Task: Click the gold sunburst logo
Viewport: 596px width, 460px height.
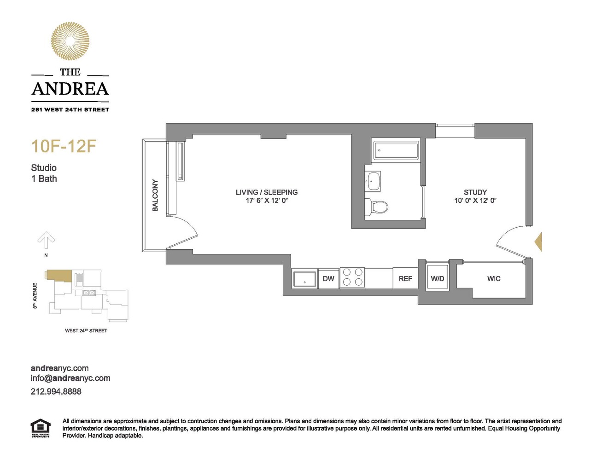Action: click(70, 41)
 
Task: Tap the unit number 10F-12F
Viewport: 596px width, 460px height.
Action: click(64, 146)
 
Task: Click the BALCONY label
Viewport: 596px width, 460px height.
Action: click(155, 195)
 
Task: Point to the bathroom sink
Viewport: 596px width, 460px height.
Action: click(373, 181)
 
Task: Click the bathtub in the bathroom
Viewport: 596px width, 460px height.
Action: click(396, 150)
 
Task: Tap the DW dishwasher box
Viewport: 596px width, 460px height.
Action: click(328, 278)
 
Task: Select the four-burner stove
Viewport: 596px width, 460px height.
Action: click(352, 278)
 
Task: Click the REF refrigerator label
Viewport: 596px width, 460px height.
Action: click(405, 278)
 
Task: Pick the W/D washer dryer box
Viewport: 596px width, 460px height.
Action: click(438, 278)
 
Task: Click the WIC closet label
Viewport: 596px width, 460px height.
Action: click(494, 278)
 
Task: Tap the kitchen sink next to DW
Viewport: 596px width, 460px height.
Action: click(305, 279)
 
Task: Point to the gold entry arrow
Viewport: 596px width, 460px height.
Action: click(538, 241)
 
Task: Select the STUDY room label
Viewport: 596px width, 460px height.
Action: click(475, 192)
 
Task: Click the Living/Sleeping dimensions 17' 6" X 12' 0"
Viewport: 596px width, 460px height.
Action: click(267, 201)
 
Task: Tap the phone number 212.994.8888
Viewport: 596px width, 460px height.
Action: click(56, 391)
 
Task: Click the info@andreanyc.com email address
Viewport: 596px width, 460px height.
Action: click(70, 378)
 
